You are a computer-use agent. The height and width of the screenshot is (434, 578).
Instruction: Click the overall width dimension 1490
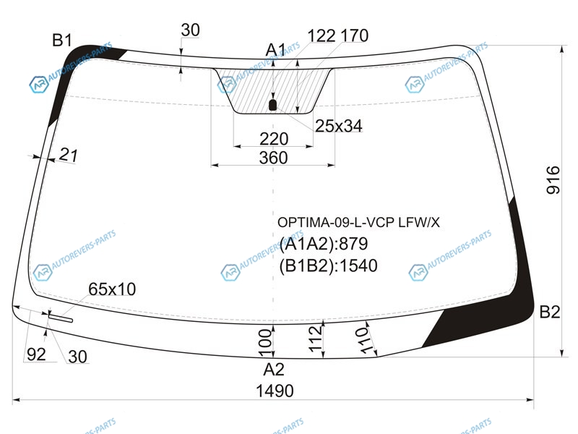pyautogui.click(x=275, y=391)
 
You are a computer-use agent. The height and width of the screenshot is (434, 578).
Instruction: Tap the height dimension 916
pyautogui.click(x=553, y=180)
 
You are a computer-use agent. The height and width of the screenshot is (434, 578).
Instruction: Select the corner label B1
pyautogui.click(x=62, y=40)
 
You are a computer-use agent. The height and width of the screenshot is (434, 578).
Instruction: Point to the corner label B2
pyautogui.click(x=550, y=312)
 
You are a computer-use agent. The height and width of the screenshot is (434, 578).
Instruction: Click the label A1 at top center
pyautogui.click(x=276, y=49)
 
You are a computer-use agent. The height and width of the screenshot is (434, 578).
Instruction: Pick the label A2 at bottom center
pyautogui.click(x=274, y=370)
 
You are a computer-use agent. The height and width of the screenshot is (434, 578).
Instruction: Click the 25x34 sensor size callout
pyautogui.click(x=339, y=126)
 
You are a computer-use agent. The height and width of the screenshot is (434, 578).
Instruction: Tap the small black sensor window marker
pyautogui.click(x=272, y=105)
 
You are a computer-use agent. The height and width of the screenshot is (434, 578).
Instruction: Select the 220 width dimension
pyautogui.click(x=274, y=139)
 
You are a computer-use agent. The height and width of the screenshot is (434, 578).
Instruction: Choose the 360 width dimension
pyautogui.click(x=273, y=158)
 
